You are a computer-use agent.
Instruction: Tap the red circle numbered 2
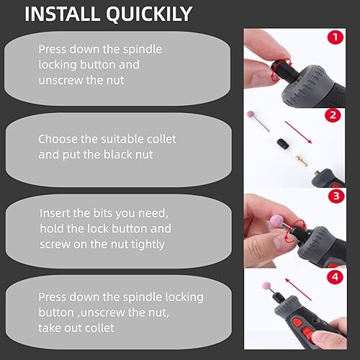333,114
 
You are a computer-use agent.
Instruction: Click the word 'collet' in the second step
159,138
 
